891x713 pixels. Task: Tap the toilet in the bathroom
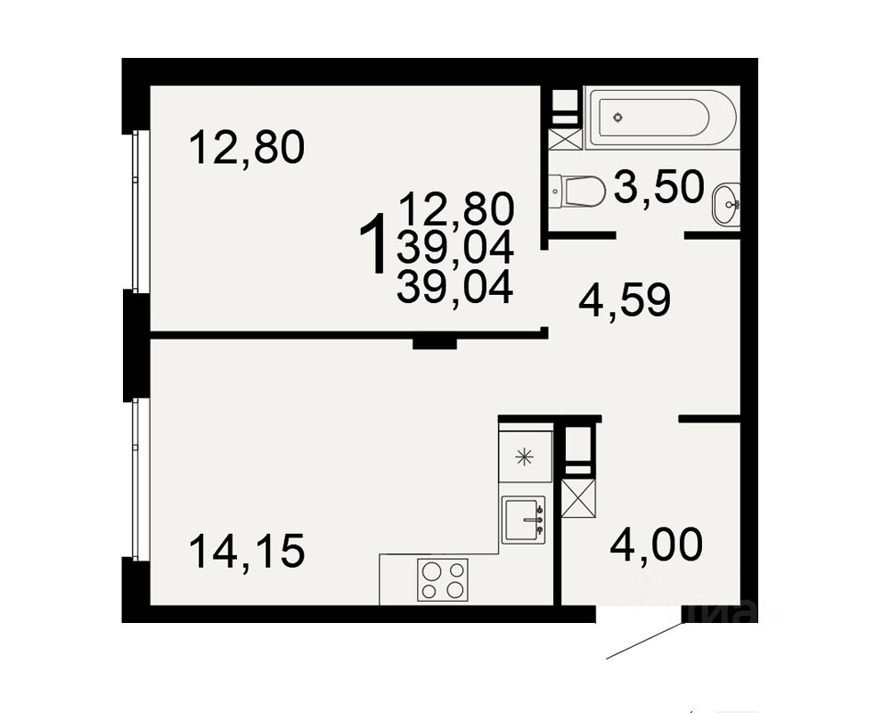coord(576,190)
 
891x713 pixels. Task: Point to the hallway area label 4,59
coord(624,301)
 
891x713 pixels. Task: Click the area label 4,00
coord(656,545)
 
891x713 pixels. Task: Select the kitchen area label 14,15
coord(247,552)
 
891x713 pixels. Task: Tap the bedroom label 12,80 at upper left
coord(247,147)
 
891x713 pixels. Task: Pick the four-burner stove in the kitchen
coord(442,579)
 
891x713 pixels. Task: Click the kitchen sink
coord(523,520)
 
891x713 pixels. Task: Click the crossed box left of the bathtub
coord(564,138)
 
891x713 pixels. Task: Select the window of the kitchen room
coord(136,479)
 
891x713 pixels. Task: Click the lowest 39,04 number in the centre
coord(455,288)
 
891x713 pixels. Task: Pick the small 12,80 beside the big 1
coord(457,209)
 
